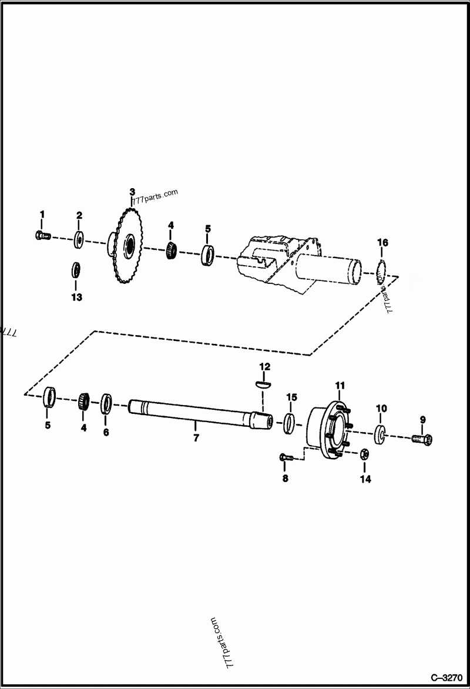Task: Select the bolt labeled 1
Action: click(41, 236)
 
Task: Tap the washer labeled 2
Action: click(79, 239)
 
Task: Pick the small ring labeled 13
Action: click(76, 270)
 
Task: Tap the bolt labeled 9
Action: click(424, 439)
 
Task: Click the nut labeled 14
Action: click(364, 454)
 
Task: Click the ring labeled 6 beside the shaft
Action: click(106, 403)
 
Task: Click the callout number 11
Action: click(340, 385)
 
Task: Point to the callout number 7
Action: click(196, 438)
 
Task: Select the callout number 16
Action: click(382, 243)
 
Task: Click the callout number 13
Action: click(77, 297)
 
